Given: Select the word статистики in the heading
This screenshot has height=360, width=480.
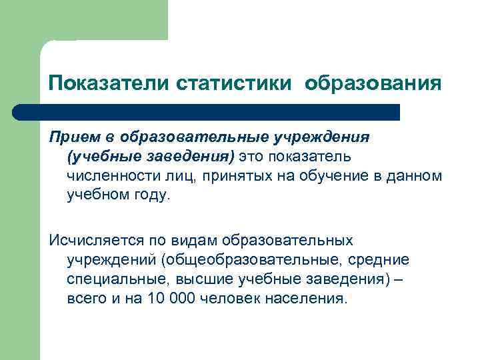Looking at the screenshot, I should pos(234,83).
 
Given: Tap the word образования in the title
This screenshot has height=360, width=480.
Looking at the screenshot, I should pos(373,83).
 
